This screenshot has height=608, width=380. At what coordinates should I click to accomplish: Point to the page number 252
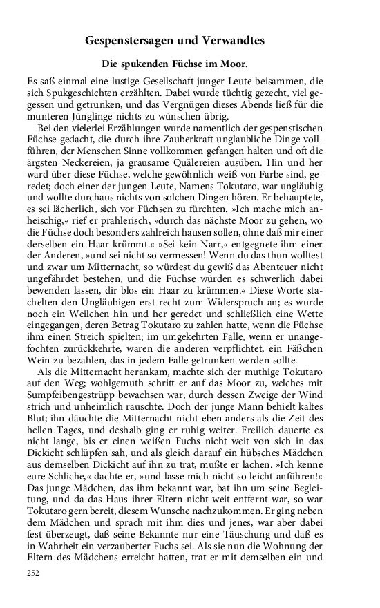tap(32, 592)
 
